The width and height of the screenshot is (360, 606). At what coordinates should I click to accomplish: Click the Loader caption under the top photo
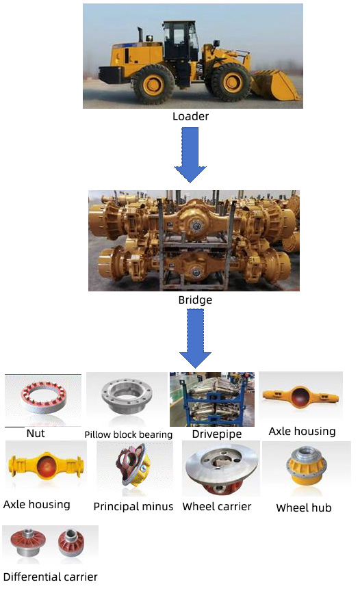pyautogui.click(x=190, y=116)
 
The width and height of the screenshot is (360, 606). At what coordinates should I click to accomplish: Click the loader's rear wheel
pyautogui.click(x=153, y=84)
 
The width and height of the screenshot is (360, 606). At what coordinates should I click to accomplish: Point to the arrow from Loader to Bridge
pyautogui.click(x=190, y=155)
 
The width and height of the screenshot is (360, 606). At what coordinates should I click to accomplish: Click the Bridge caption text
pyautogui.click(x=195, y=300)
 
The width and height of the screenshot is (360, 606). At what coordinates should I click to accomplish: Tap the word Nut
pyautogui.click(x=36, y=433)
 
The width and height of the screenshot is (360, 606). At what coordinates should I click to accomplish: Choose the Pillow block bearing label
pyautogui.click(x=129, y=434)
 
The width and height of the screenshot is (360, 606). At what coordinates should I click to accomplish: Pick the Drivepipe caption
pyautogui.click(x=216, y=434)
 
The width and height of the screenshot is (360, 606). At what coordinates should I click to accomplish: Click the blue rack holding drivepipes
pyautogui.click(x=212, y=400)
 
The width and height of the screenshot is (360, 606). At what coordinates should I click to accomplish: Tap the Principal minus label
pyautogui.click(x=133, y=506)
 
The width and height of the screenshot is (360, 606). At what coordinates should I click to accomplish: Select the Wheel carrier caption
pyautogui.click(x=216, y=506)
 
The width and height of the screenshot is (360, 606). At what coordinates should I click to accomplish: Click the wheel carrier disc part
pyautogui.click(x=220, y=469)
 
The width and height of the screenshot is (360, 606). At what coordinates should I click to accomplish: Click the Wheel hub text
pyautogui.click(x=304, y=508)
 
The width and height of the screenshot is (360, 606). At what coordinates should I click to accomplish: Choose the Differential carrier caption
pyautogui.click(x=50, y=577)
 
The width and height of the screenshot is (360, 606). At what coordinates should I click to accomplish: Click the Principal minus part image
pyautogui.click(x=133, y=466)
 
